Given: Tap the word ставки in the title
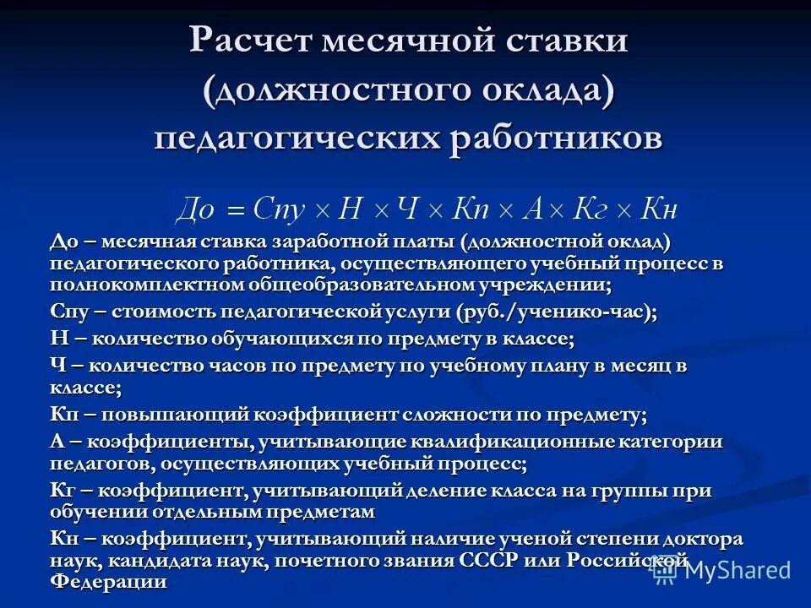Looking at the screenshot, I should tap(563, 41).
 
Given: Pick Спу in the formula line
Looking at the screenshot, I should tap(280, 207).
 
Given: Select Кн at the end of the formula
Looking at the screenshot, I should tap(659, 207).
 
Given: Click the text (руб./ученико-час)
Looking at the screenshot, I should tap(556, 312).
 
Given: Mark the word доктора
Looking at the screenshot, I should tap(701, 539).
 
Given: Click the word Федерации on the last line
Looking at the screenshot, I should tap(108, 582).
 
